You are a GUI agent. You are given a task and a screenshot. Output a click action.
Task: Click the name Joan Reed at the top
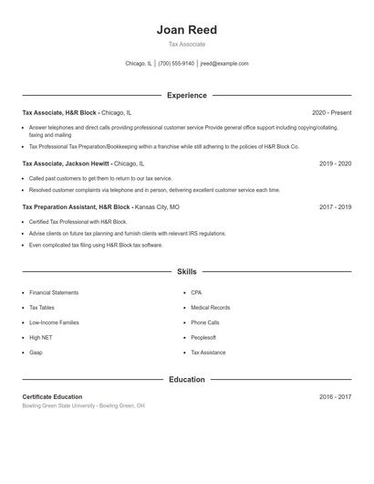[x=186, y=30]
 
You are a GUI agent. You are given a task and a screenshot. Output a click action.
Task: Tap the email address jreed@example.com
[x=224, y=64]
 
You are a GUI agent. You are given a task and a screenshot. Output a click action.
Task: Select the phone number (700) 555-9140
[x=176, y=64]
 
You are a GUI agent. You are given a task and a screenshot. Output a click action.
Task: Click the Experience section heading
[x=186, y=95]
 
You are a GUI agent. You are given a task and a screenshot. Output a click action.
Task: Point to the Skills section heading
[x=186, y=272]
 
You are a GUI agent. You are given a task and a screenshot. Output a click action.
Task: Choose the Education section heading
[x=186, y=379]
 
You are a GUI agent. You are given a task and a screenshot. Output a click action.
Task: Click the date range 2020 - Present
[x=331, y=112]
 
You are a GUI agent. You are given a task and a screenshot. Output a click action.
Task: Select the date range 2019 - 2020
[x=335, y=163]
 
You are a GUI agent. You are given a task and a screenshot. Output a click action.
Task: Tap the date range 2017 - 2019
[x=335, y=207]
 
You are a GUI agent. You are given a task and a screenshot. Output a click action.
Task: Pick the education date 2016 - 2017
[x=335, y=397]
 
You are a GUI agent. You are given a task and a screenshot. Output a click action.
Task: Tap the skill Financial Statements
[x=54, y=293]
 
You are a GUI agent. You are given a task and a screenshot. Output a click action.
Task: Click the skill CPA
[x=196, y=293]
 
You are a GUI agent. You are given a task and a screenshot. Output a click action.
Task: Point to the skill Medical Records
[x=210, y=308]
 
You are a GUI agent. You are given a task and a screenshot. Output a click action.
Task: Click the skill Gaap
[x=36, y=352]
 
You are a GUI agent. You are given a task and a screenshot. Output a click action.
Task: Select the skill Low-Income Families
[x=54, y=322]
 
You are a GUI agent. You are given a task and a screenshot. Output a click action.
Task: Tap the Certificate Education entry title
[x=52, y=397]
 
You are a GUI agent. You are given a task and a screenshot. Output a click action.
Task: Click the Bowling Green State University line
[x=83, y=405]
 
